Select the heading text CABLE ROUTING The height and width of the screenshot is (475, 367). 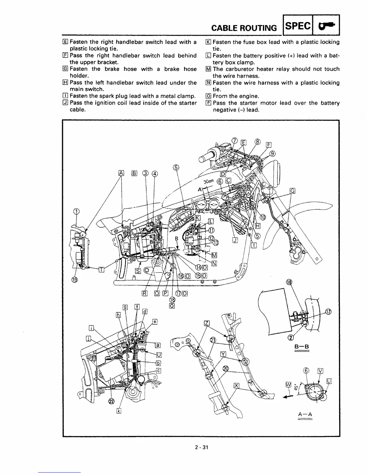(x=244, y=28)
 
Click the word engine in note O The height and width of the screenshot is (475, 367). (x=249, y=96)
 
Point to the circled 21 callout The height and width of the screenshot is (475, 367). (x=213, y=340)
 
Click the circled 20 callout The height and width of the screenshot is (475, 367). (x=225, y=369)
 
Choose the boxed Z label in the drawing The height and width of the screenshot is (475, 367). (x=207, y=323)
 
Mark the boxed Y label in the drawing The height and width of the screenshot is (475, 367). (x=223, y=354)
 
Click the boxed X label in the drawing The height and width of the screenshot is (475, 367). (x=236, y=386)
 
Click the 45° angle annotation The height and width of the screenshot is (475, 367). (x=296, y=387)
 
